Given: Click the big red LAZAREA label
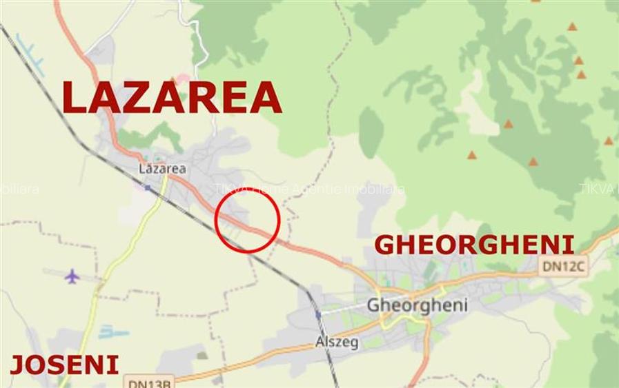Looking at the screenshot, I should pos(172,97).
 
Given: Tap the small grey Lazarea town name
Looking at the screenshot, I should pos(162,168).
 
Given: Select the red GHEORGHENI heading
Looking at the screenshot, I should pos(474,245).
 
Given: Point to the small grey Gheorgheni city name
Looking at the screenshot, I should pos(417,305).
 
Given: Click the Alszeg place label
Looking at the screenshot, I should pos(337,342).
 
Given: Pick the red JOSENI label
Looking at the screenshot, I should pos(64,365).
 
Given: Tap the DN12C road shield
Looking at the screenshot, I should pos(564,265).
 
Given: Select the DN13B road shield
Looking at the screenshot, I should pos(149,382).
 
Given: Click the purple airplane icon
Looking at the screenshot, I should pos(72,276).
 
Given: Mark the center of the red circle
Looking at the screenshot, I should pos(247,221).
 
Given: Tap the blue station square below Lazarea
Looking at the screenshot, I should pos(147,187).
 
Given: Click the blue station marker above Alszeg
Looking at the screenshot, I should pos(318,314).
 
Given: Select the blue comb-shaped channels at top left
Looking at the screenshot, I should pos(30,55).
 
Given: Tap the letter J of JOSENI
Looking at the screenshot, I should pos(17,365).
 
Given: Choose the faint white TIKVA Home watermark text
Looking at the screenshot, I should pos(309,189).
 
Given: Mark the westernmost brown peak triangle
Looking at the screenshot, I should pos(472,155).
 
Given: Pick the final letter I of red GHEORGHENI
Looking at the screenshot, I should pos(569,245).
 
